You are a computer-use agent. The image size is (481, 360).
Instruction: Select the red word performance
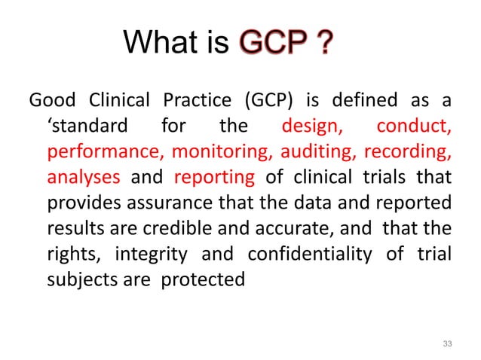(x=104, y=151)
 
